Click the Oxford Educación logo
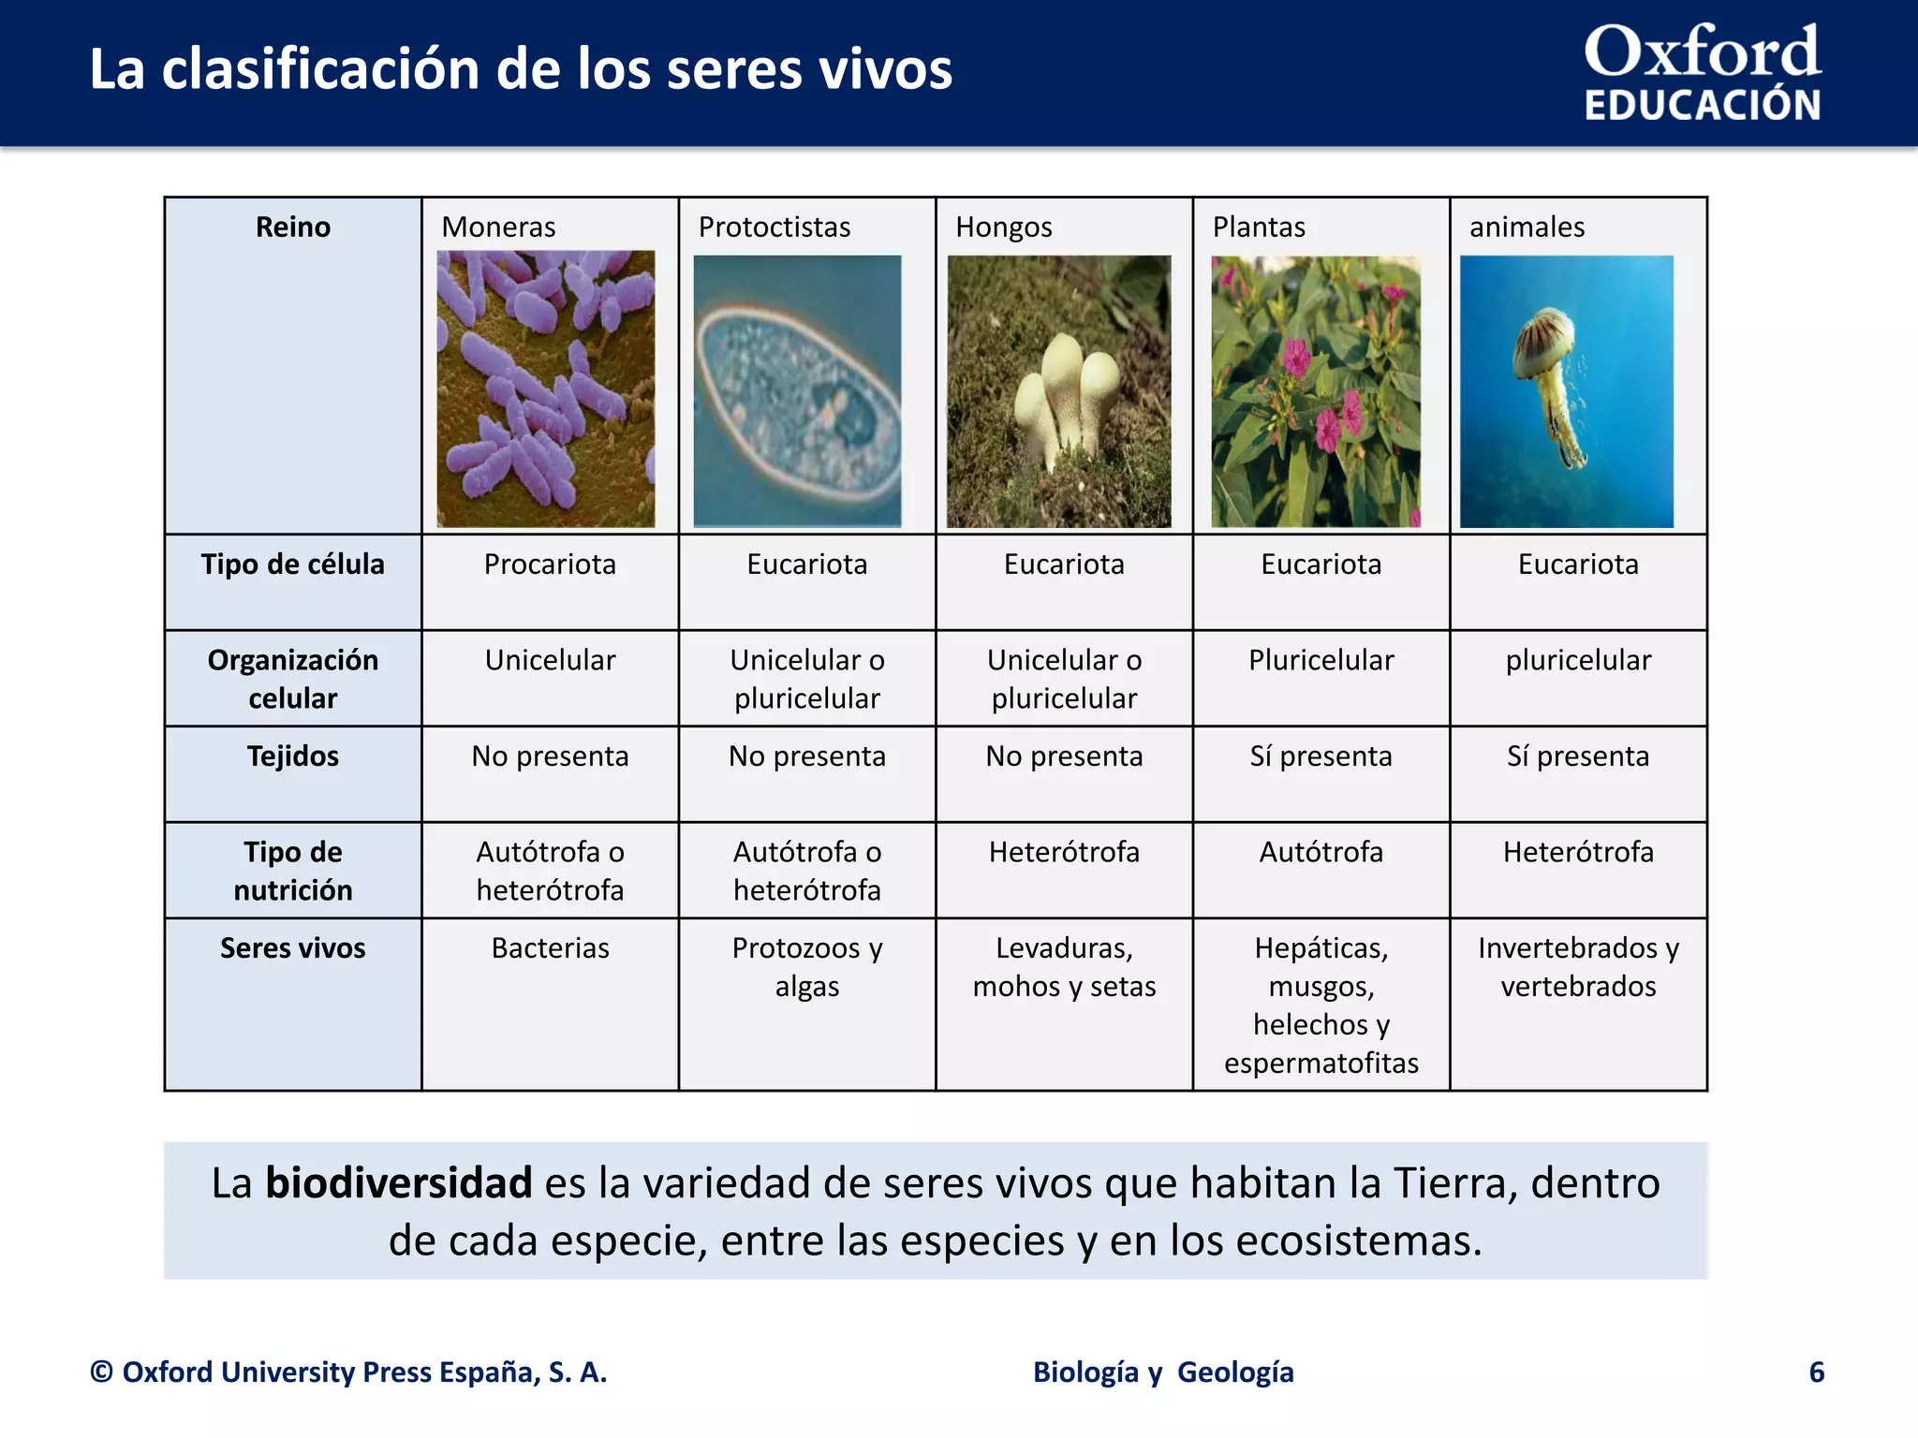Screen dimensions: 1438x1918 pyautogui.click(x=1702, y=73)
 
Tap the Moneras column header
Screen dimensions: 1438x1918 pyautogui.click(x=498, y=227)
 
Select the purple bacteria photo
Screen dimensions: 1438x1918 pyautogui.click(x=546, y=389)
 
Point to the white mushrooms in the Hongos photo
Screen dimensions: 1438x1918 pyautogui.click(x=1068, y=393)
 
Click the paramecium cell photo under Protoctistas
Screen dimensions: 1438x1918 pyautogui.click(x=797, y=391)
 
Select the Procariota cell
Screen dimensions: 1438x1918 pyautogui.click(x=550, y=565)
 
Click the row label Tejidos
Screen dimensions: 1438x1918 pyautogui.click(x=292, y=756)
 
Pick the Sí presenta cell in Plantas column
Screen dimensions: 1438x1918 pyautogui.click(x=1320, y=756)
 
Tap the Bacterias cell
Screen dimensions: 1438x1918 pyautogui.click(x=550, y=948)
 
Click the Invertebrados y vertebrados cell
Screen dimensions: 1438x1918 pyautogui.click(x=1578, y=967)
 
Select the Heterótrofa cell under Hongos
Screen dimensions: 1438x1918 pyautogui.click(x=1064, y=852)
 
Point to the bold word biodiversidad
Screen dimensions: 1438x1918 pyautogui.click(x=398, y=1182)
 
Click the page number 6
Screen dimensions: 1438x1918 pyautogui.click(x=1816, y=1372)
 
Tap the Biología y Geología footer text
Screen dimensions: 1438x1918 pyautogui.click(x=1163, y=1372)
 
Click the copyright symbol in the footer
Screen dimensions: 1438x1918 pyautogui.click(x=101, y=1372)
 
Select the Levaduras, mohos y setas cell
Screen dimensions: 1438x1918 pyautogui.click(x=1064, y=967)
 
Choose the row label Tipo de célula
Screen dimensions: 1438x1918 pyautogui.click(x=292, y=565)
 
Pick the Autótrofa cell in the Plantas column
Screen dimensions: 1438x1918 pyautogui.click(x=1320, y=852)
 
